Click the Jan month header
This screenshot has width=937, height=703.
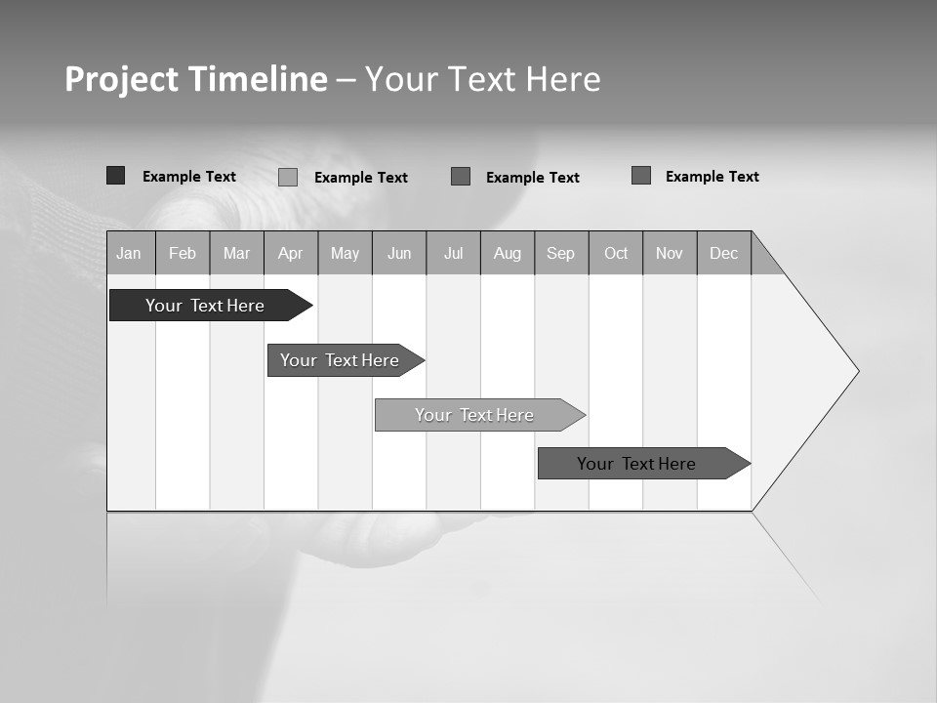pos(130,253)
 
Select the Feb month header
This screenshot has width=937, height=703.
pos(183,253)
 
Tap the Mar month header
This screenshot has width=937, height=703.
pos(236,253)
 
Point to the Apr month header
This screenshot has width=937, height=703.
pos(291,253)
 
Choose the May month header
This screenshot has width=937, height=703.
pos(345,253)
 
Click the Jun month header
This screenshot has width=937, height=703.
pos(399,253)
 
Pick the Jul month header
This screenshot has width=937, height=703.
pos(453,253)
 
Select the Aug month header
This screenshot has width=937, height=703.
pos(508,253)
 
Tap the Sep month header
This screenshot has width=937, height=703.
pos(561,253)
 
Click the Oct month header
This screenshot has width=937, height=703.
pos(616,253)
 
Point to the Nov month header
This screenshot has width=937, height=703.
pos(670,253)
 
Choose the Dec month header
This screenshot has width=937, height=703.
pos(724,253)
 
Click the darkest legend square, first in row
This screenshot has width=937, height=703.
pos(115,176)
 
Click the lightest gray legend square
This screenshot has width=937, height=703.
pos(288,177)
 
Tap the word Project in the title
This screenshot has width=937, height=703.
pos(121,79)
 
